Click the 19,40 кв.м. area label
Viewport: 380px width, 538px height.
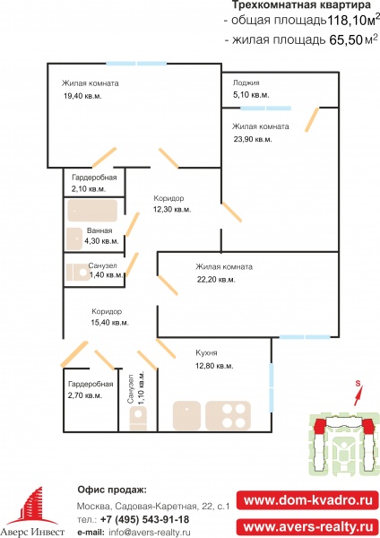point(82,96)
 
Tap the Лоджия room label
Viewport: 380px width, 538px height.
point(246,82)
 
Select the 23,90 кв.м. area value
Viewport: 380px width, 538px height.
point(252,139)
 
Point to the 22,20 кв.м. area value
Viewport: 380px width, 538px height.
point(216,280)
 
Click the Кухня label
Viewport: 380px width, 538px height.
point(206,352)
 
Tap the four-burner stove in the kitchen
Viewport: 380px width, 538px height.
point(228,415)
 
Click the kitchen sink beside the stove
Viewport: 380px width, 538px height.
point(186,415)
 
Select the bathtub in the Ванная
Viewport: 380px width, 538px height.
point(92,211)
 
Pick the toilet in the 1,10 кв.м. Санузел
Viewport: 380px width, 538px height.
point(138,418)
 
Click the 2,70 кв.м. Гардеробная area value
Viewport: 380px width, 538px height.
point(85,395)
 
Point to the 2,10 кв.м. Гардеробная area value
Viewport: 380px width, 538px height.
point(89,188)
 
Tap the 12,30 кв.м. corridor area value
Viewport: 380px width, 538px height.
point(172,209)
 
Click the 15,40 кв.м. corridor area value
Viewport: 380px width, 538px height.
point(109,323)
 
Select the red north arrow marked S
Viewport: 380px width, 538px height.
point(358,394)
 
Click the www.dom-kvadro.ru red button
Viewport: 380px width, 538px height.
point(307,500)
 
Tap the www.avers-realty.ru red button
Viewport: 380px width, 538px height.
point(307,526)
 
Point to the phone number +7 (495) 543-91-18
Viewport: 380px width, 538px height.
point(144,519)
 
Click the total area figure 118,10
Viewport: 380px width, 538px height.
point(344,21)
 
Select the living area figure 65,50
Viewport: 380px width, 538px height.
point(346,40)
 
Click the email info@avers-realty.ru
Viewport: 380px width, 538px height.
point(150,532)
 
